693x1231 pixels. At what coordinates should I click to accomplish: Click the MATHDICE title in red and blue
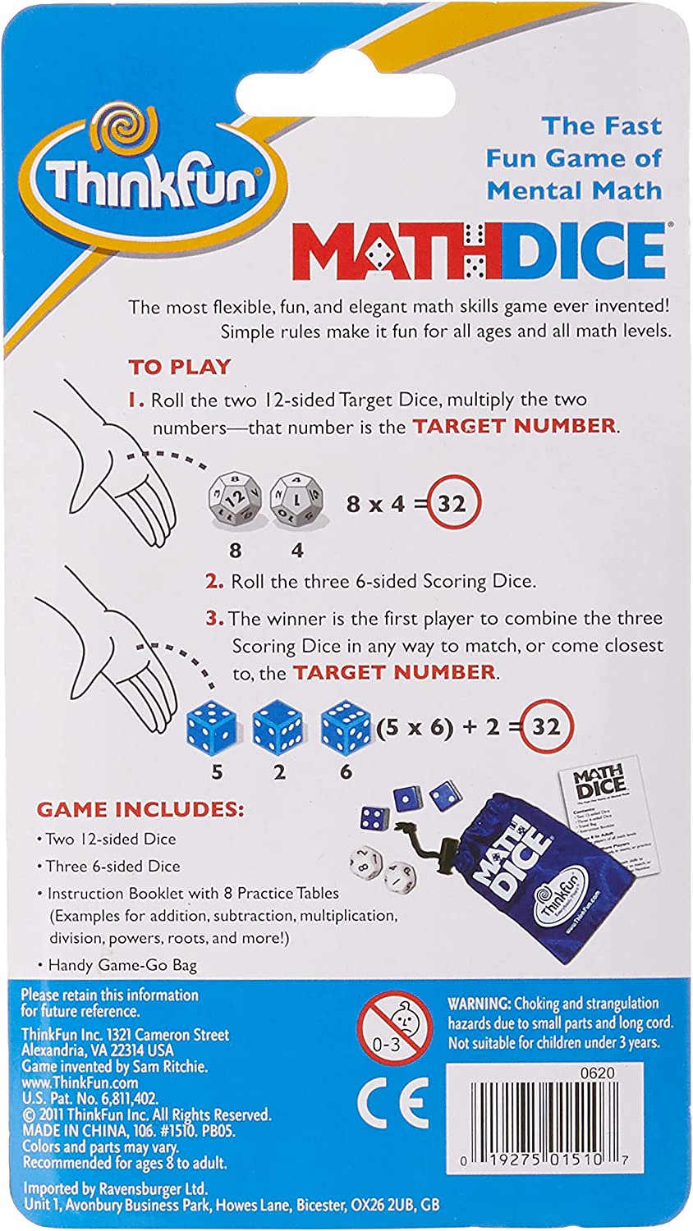click(x=478, y=250)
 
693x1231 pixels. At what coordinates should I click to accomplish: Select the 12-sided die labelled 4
click(x=297, y=497)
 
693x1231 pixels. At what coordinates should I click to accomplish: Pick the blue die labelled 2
click(x=278, y=725)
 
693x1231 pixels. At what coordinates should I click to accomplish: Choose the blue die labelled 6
click(x=346, y=725)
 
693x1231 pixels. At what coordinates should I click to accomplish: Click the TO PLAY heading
click(x=180, y=367)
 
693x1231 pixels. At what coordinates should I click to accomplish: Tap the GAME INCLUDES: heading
click(x=140, y=809)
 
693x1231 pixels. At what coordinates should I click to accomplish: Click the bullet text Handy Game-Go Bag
click(x=122, y=965)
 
